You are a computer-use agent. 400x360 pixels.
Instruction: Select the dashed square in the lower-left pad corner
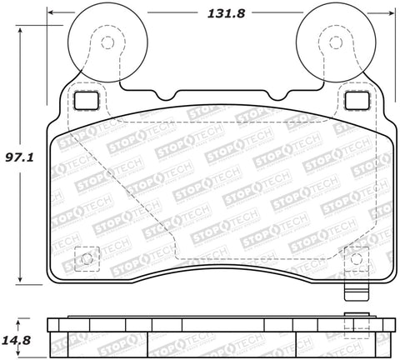[83, 259]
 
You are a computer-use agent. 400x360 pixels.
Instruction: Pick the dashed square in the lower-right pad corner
[355, 259]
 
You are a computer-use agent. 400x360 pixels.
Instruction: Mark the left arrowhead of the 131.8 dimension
[71, 13]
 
